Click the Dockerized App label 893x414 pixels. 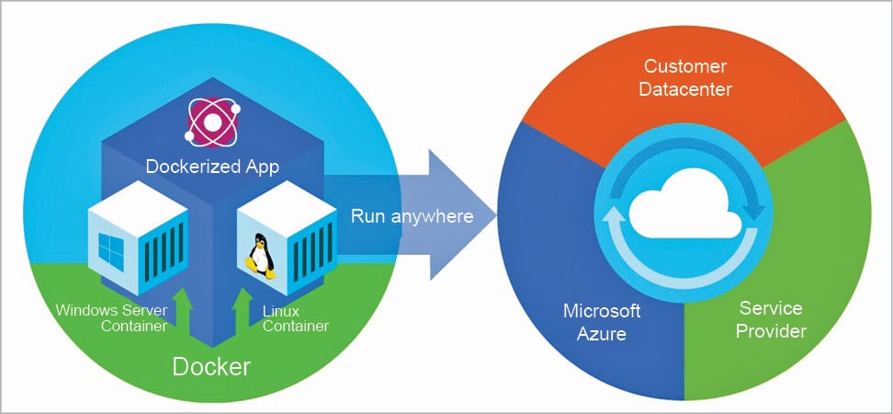(x=212, y=167)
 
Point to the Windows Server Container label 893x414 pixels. (x=112, y=316)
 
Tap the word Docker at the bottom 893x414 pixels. (x=211, y=366)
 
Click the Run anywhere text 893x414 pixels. (x=412, y=217)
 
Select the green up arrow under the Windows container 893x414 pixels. (x=182, y=308)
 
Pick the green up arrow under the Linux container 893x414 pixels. (x=243, y=308)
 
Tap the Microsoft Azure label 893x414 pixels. (x=602, y=321)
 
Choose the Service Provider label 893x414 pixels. (x=771, y=319)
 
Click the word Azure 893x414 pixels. (x=602, y=333)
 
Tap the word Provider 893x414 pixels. (x=771, y=331)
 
